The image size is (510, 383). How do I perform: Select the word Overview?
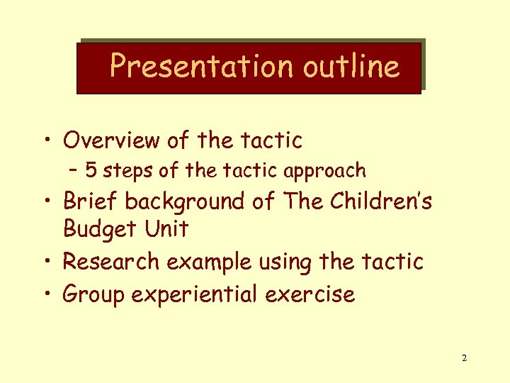coord(111,140)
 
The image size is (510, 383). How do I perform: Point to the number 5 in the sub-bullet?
coord(91,170)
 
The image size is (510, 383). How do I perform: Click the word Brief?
coord(91,201)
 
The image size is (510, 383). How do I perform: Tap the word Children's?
coord(380,201)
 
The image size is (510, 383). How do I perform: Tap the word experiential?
coord(193,294)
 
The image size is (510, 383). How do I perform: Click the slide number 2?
coord(464,358)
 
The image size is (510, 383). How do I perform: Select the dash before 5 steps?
coord(74,170)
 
